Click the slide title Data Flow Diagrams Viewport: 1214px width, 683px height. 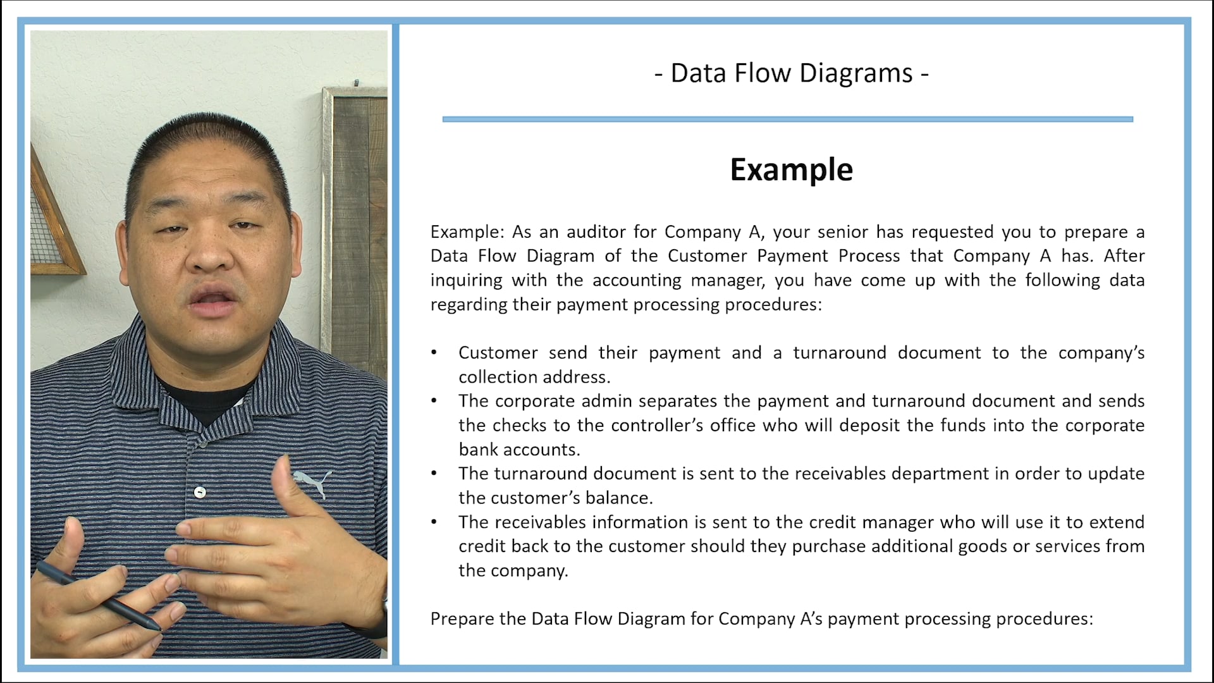[x=792, y=73]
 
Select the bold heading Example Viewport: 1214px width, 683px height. [x=792, y=169]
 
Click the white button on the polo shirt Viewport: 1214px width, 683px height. [x=200, y=492]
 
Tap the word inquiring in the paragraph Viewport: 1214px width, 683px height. [x=465, y=280]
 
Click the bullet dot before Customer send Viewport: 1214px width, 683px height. [x=434, y=353]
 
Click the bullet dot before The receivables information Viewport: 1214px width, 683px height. [x=434, y=522]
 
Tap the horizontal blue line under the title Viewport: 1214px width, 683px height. [x=787, y=119]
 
